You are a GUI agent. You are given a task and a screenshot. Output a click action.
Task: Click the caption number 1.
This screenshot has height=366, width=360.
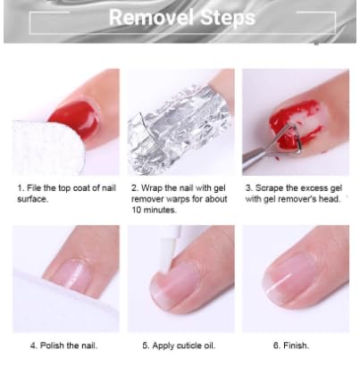[20, 188]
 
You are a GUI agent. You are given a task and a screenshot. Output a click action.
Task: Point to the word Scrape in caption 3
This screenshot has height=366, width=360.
[272, 188]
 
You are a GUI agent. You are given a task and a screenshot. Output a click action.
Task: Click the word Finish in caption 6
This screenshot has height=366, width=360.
[297, 345]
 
